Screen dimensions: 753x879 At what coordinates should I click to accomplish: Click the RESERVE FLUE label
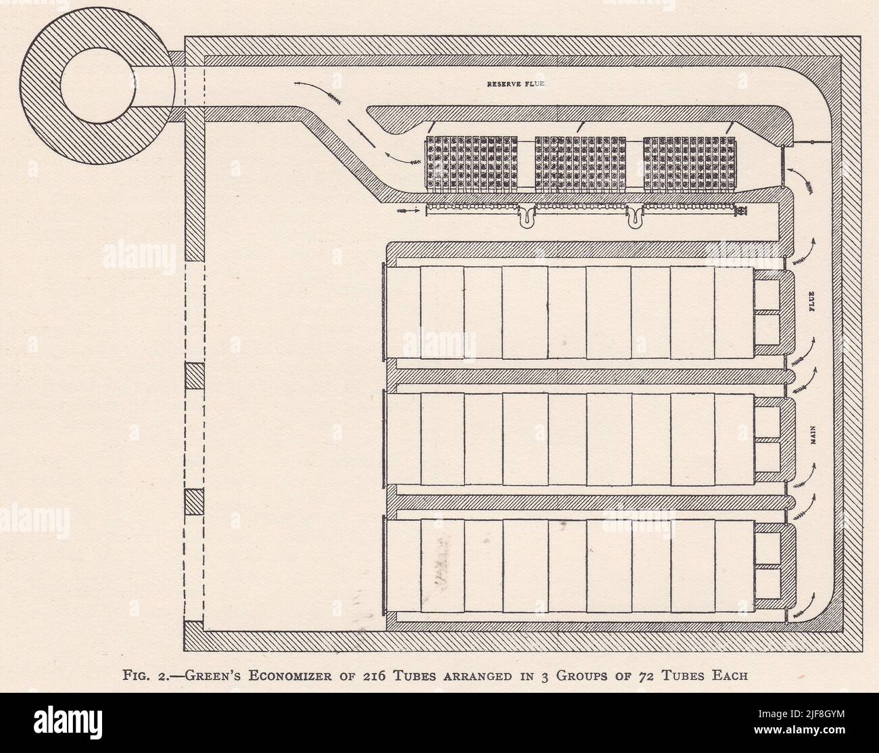(516, 85)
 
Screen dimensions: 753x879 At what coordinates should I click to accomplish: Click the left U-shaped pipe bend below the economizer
(526, 216)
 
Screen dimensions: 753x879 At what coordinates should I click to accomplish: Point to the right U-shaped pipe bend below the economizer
(635, 216)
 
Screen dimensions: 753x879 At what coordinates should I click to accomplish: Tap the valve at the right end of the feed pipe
(742, 212)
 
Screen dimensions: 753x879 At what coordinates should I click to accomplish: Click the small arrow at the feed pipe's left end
(409, 210)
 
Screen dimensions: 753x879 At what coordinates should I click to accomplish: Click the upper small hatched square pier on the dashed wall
(194, 375)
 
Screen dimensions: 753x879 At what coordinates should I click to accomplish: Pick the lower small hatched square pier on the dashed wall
(194, 502)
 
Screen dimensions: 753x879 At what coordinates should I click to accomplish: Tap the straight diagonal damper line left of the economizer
(358, 132)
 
